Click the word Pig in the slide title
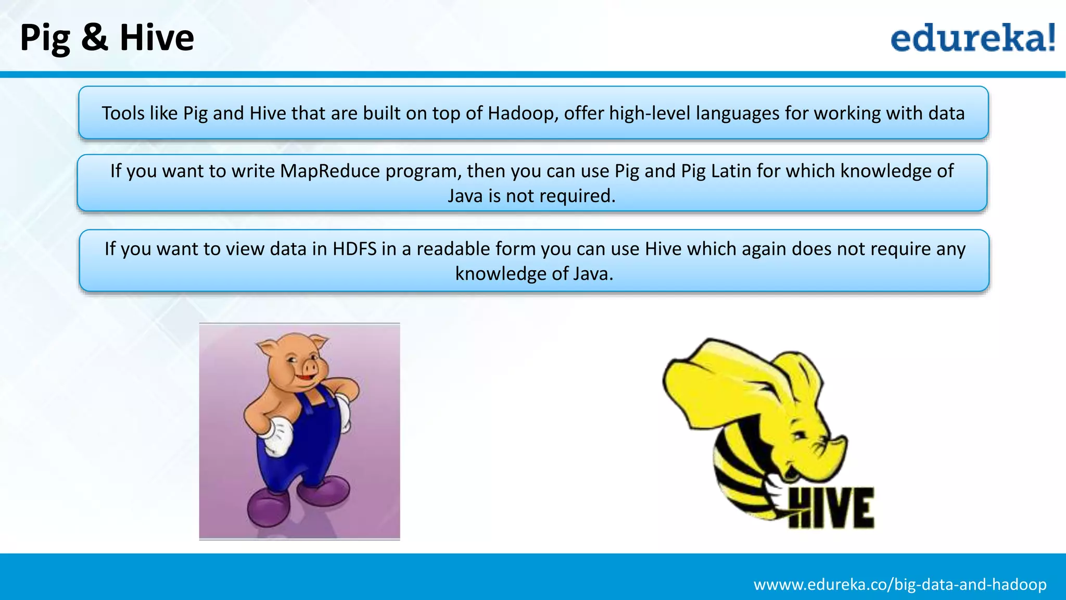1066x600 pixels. click(x=45, y=39)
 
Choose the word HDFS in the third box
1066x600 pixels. click(x=354, y=249)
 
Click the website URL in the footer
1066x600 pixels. click(x=900, y=584)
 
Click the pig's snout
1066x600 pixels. click(x=309, y=368)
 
